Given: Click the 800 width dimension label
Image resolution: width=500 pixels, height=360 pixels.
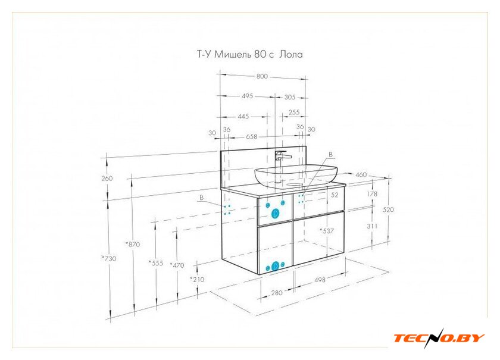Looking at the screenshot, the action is click(x=262, y=76).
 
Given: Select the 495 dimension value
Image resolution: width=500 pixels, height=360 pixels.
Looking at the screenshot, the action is click(x=247, y=96).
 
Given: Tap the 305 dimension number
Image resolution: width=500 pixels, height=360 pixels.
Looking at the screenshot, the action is click(x=289, y=97).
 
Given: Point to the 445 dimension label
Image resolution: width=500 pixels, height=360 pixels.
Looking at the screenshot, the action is click(x=243, y=117).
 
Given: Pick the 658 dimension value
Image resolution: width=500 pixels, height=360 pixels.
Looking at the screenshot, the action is click(x=251, y=136).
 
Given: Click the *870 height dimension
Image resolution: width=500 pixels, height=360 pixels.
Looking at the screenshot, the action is click(x=133, y=244).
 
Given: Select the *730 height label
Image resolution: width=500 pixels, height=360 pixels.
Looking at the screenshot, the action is click(x=109, y=258).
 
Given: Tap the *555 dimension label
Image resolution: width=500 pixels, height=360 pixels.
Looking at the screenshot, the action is click(x=156, y=263).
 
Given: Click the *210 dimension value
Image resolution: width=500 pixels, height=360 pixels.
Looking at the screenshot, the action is click(x=197, y=279).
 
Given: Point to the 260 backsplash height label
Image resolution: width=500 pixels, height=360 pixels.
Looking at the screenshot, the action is click(x=107, y=179).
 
